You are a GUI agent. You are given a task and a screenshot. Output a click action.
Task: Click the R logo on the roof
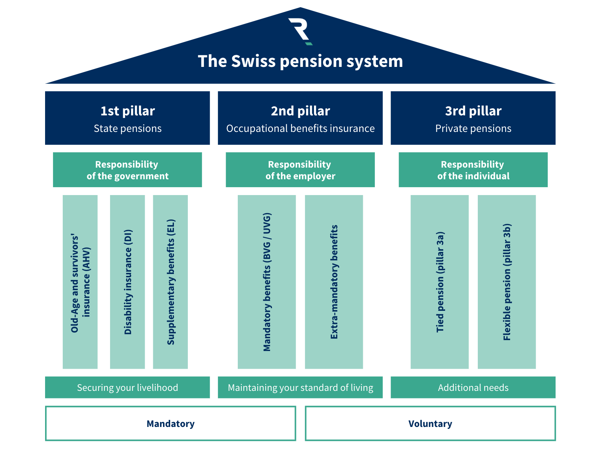tap(300, 31)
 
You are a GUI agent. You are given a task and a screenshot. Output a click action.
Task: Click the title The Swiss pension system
tap(300, 61)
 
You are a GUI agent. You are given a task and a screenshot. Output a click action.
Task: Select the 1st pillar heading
tap(127, 111)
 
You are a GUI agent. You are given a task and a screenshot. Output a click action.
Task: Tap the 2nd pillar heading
tap(300, 111)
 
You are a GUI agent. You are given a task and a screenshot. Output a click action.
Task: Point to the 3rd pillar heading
tap(473, 111)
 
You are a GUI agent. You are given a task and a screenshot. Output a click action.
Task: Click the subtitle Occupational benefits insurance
tap(300, 129)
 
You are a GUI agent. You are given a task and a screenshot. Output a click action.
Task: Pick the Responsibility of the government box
tap(127, 170)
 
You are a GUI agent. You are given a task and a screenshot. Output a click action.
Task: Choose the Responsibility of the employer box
tap(300, 170)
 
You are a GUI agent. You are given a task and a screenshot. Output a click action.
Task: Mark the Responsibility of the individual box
tap(473, 170)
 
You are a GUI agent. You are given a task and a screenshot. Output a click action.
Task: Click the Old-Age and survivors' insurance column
tap(80, 282)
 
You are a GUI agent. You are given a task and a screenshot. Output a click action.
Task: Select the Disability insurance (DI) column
tap(127, 282)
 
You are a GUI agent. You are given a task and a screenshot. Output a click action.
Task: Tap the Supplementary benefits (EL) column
tap(170, 282)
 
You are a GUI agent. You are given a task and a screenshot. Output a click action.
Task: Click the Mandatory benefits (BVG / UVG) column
tap(267, 282)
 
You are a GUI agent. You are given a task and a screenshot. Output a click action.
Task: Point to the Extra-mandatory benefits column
tap(334, 282)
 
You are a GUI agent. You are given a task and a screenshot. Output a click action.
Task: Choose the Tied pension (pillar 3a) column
tap(439, 282)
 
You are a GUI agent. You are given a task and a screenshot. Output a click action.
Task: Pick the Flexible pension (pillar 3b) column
tap(507, 282)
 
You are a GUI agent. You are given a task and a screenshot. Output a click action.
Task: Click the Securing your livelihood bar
tap(127, 387)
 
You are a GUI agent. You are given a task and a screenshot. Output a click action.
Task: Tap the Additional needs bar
tap(473, 387)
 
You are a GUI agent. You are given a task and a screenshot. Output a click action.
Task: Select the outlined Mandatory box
tap(171, 424)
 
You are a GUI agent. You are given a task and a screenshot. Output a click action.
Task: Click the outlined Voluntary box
tap(430, 424)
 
